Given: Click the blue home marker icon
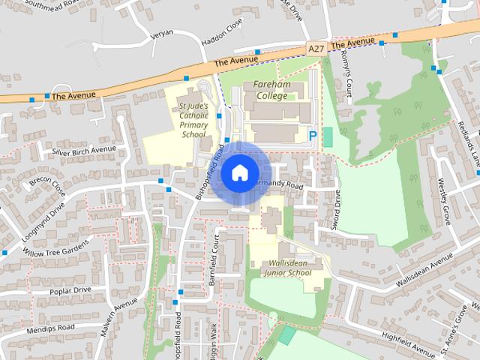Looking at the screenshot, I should (238, 172).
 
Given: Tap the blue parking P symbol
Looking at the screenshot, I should (313, 136).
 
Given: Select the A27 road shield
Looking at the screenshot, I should (317, 48).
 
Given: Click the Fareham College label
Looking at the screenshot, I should (270, 90).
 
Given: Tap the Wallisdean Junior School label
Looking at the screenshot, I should (288, 268).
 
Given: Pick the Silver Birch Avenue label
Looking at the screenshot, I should (84, 149).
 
